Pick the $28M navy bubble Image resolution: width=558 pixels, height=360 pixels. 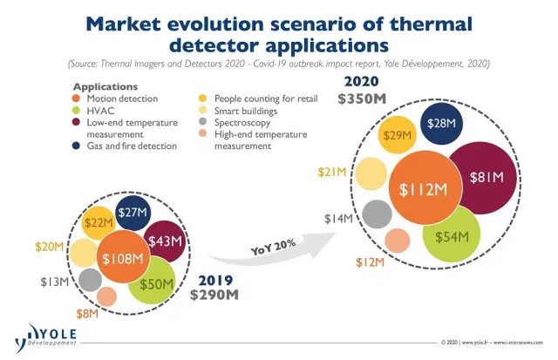pos(442,125)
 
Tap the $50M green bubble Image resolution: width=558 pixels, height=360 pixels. pos(151,284)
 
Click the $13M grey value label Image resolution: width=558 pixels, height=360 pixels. pos(54,281)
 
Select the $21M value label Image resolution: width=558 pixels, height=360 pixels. pos(331,172)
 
